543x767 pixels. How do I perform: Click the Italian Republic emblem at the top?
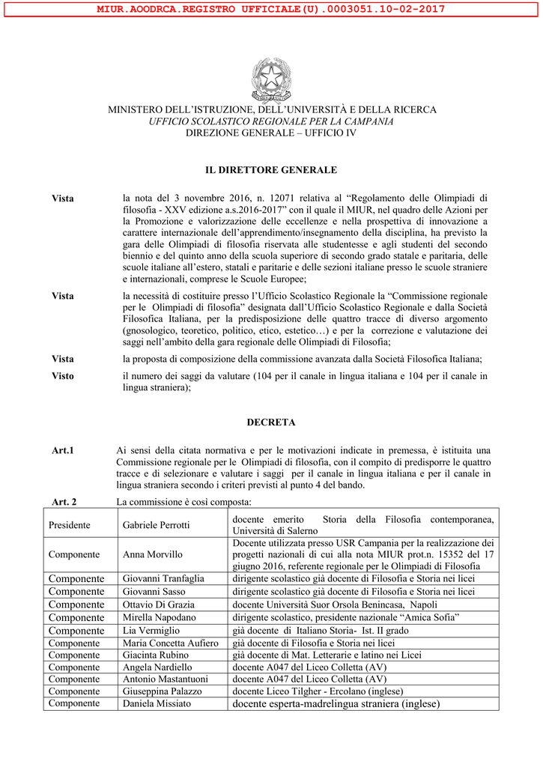click(271, 79)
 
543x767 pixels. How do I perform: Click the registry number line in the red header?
click(271, 9)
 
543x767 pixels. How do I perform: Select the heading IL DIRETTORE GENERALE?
click(271, 170)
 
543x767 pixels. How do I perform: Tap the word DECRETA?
click(271, 422)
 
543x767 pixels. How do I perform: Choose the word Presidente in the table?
click(70, 525)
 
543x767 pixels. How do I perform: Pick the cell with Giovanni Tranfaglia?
click(163, 578)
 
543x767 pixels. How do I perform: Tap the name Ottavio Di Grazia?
click(158, 604)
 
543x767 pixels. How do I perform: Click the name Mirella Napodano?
click(159, 617)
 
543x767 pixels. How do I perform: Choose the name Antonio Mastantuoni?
click(165, 679)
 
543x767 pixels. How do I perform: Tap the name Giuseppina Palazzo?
click(162, 691)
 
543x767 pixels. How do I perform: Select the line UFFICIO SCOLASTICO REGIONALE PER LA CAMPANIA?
click(271, 121)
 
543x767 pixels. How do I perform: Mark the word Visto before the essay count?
click(63, 376)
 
